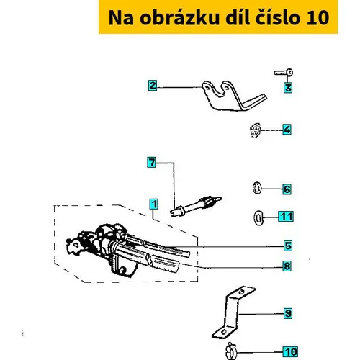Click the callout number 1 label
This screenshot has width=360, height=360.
point(153,204)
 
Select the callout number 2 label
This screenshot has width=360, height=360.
point(153,86)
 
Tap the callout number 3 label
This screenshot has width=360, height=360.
point(288,88)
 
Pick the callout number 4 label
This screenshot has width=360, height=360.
point(287,130)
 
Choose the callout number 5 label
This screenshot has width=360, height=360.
point(288,246)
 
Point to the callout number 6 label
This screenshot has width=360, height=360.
point(287,189)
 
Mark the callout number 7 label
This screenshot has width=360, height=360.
point(152,162)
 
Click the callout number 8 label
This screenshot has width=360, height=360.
point(287,266)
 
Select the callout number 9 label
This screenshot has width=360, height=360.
point(288,313)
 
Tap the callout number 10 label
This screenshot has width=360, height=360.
point(290,352)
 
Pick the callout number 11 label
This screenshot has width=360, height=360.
point(286,217)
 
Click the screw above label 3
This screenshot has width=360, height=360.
point(283,72)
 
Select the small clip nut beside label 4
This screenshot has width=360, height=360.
point(256,130)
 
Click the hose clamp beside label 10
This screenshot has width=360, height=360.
point(231,351)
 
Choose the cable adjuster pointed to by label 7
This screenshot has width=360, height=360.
point(196,206)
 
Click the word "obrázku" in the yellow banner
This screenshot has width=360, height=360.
point(179,17)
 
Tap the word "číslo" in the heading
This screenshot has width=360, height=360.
point(277,17)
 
